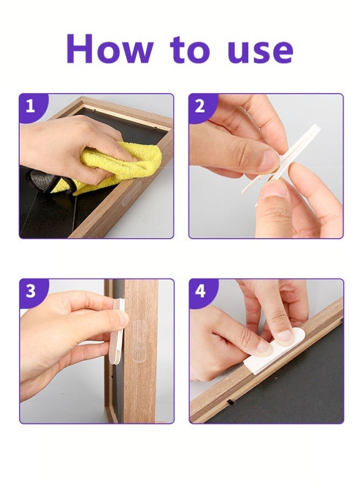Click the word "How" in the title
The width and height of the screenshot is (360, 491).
pos(110,49)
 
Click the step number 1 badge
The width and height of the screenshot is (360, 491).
pos(31,106)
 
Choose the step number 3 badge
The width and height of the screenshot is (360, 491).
pos(31,291)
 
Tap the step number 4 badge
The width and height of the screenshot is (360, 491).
pos(200,291)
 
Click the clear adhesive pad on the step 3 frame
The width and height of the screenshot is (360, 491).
pos(140,341)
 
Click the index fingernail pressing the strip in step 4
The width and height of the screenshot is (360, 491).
pos(285,335)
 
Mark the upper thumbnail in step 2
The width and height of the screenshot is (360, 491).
pos(268,160)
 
